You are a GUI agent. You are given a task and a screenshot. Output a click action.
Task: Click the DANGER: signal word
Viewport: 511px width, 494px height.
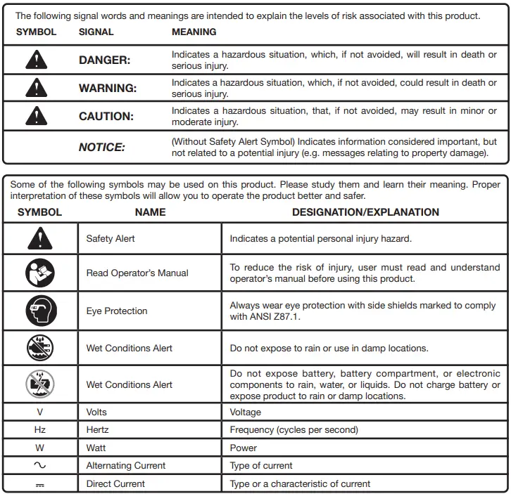coord(104,60)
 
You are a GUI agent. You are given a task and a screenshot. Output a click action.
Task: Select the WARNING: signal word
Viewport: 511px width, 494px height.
coord(108,89)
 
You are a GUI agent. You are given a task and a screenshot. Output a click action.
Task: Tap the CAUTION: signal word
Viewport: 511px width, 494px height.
coord(106,117)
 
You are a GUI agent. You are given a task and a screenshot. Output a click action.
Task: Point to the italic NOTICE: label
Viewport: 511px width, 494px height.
coord(101,148)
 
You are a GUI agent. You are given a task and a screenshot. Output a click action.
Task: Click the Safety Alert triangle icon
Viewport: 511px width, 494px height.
coord(39,239)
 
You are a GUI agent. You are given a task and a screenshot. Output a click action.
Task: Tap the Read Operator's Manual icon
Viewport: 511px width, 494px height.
coord(39,273)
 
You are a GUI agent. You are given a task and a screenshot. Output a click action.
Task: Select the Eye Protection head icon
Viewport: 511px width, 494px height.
coord(39,311)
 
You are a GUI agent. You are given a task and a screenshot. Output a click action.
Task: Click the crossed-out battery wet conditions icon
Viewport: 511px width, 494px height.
coord(39,384)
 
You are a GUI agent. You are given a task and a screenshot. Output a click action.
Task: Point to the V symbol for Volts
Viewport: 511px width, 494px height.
coord(39,412)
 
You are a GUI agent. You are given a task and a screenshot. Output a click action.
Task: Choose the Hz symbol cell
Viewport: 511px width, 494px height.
coord(39,430)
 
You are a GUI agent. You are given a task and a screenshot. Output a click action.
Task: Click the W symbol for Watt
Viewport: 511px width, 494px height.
coord(39,448)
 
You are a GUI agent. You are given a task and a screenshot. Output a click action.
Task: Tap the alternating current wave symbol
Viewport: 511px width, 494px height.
coord(39,465)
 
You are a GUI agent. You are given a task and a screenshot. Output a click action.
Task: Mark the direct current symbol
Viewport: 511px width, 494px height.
coord(39,484)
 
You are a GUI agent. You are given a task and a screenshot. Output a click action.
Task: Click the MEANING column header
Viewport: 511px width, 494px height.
coord(194,32)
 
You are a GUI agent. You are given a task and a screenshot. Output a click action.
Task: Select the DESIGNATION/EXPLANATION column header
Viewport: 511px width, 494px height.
coord(365,212)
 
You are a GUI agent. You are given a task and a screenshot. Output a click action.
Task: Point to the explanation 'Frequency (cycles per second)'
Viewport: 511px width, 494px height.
coord(294,430)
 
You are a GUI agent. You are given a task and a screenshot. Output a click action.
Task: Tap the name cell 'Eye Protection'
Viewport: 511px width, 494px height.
coord(117,311)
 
